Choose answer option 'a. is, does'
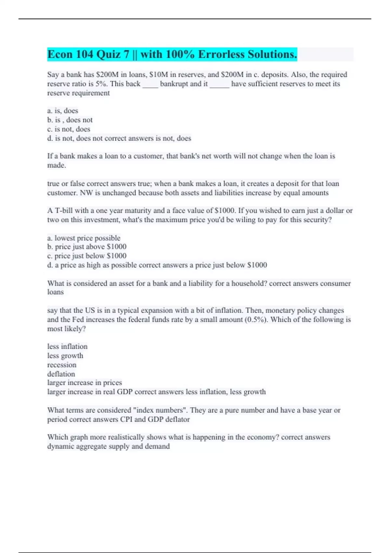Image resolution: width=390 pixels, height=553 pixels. [x=63, y=111]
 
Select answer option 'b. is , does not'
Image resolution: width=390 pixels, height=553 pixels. [x=70, y=120]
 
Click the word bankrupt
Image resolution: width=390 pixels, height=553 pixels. [x=174, y=84]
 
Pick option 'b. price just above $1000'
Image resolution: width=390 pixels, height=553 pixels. [x=87, y=247]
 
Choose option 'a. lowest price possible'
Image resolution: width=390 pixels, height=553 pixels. [x=84, y=238]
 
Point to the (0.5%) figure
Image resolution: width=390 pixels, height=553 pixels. [x=257, y=320]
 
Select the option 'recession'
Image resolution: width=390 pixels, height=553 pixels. [x=62, y=365]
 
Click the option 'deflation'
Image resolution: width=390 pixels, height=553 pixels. [x=61, y=374]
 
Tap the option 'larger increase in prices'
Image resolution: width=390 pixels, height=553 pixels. [x=84, y=383]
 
